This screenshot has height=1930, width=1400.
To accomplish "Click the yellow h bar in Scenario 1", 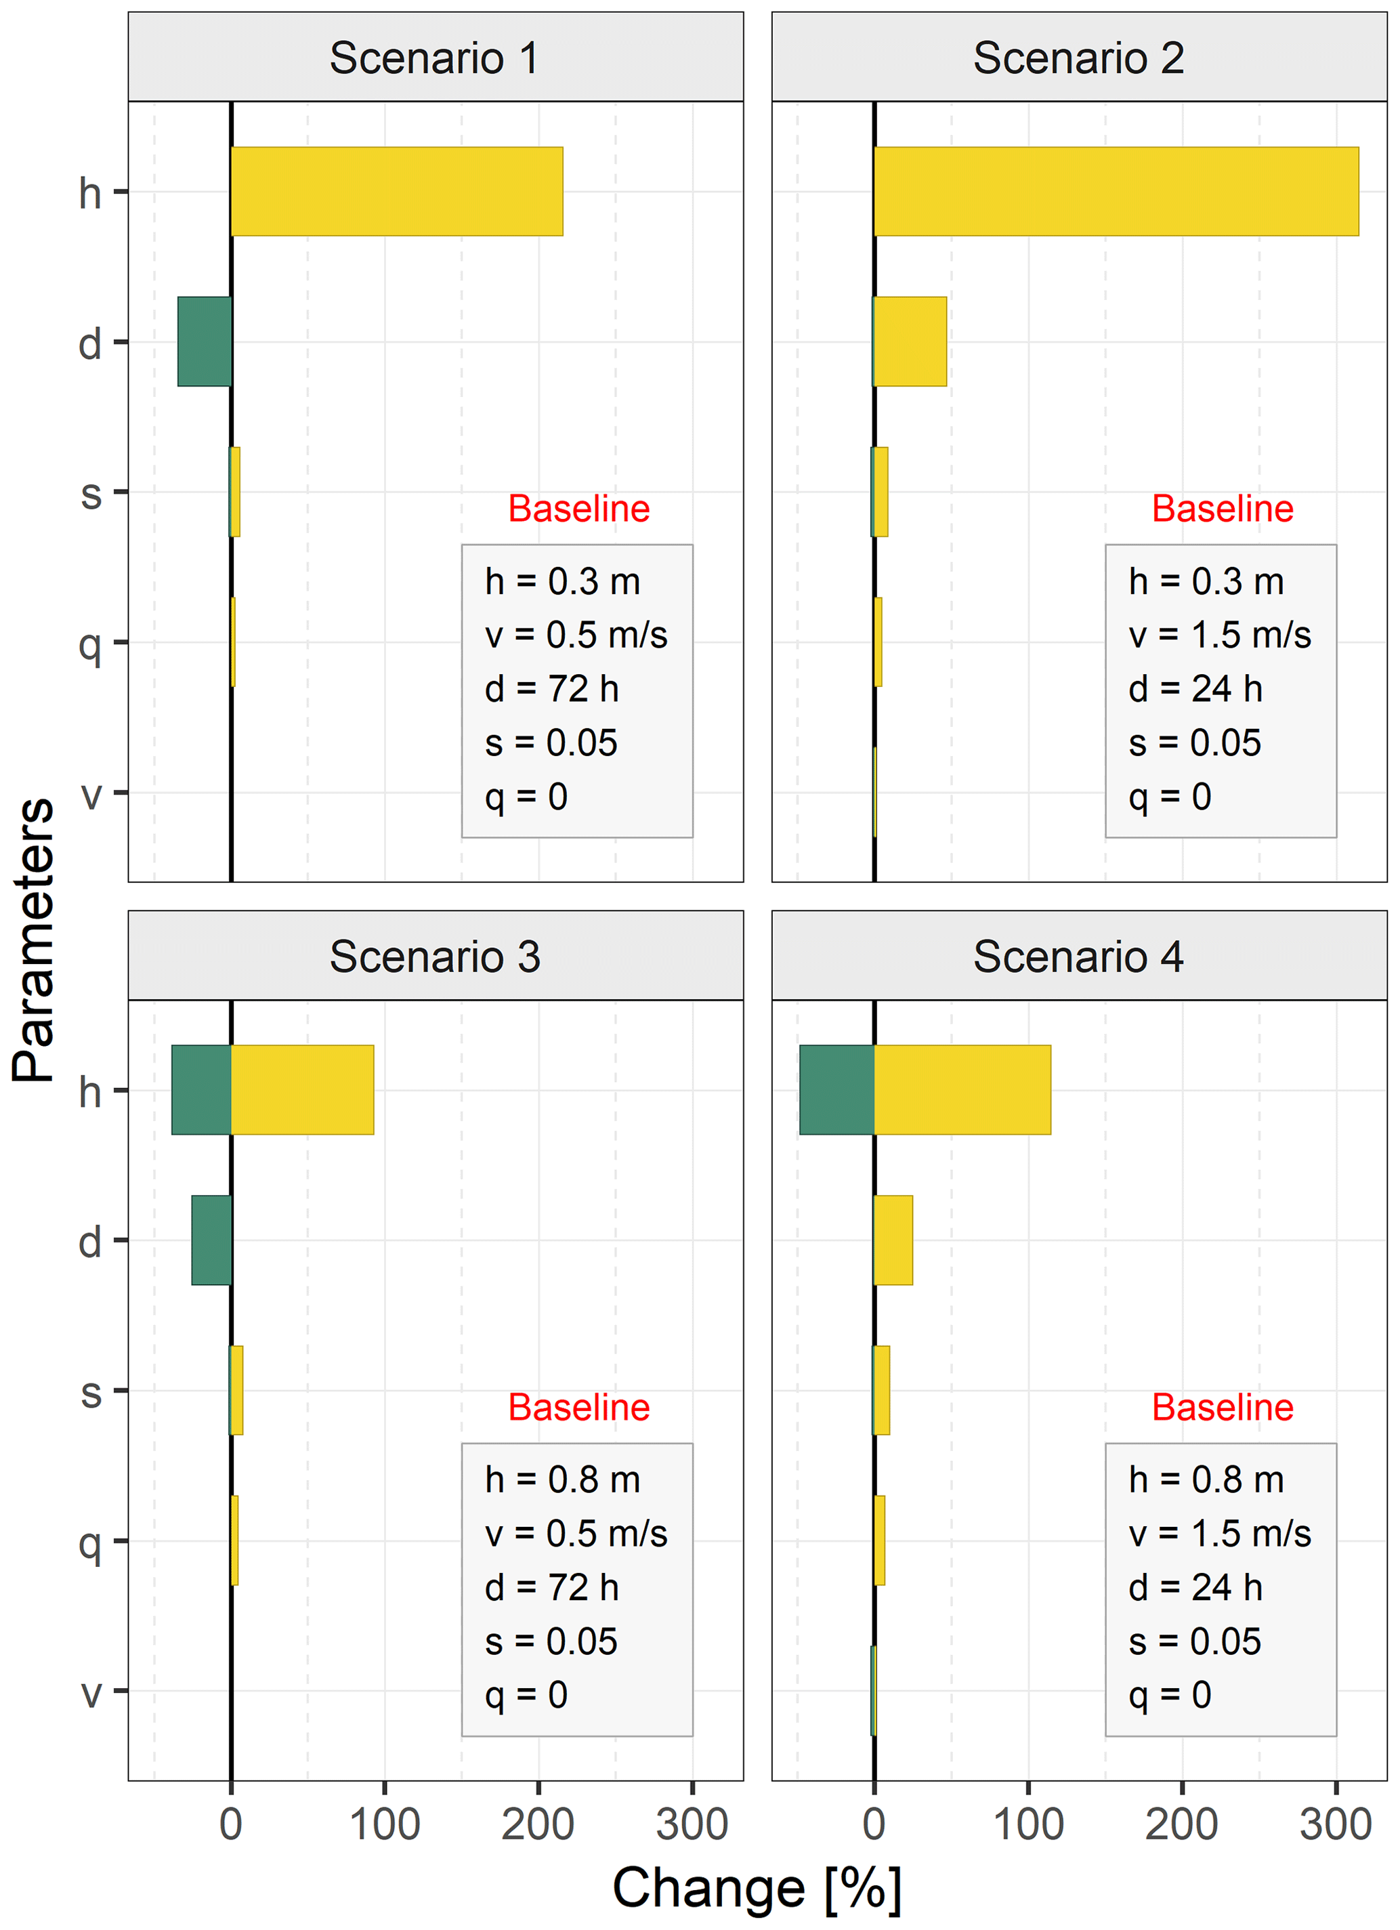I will (x=397, y=192).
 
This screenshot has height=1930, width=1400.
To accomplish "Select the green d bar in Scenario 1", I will (x=205, y=341).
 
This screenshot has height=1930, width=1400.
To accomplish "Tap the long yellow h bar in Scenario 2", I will (x=1116, y=192).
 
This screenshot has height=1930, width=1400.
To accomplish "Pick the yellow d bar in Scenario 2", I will (x=910, y=341).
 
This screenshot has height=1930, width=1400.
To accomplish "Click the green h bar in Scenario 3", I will (x=202, y=1089).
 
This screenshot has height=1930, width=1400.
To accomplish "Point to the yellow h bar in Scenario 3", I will (x=303, y=1089).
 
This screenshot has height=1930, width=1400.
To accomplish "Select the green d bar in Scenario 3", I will (x=212, y=1240).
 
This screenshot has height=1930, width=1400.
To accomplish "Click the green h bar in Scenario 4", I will (x=836, y=1089).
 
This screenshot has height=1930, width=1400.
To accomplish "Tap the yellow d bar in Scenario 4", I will (x=893, y=1240).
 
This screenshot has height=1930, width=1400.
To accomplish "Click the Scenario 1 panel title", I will (x=435, y=58).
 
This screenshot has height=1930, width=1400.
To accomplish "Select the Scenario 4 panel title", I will (x=1078, y=957).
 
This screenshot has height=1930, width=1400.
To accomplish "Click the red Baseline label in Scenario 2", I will (x=1222, y=509).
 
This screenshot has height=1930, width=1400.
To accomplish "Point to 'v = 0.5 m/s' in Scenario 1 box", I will (x=576, y=635).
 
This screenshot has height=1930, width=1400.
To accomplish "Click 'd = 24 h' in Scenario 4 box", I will (x=1195, y=1587).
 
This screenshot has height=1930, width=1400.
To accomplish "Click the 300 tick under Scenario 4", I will (x=1336, y=1824).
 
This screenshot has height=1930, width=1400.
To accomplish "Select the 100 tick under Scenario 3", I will (x=385, y=1824).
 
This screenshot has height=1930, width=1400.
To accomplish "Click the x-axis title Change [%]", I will (x=757, y=1887).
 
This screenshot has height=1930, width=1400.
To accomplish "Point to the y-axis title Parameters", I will (x=34, y=940).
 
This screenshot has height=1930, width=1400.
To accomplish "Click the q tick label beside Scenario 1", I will (x=90, y=645).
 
